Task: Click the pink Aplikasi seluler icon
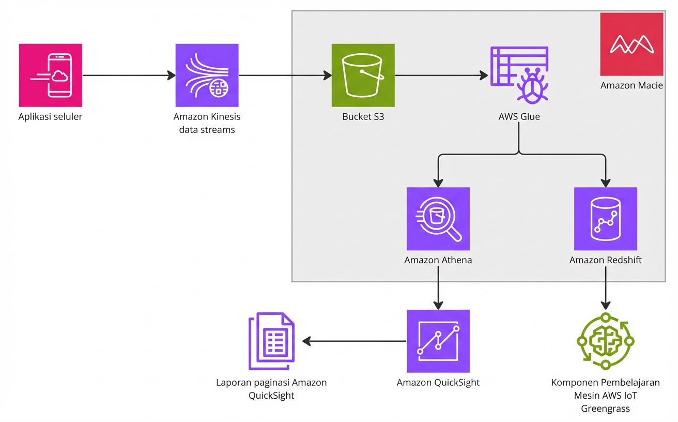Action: tap(51, 76)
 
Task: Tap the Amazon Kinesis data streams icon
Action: tap(207, 76)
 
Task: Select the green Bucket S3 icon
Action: tap(363, 76)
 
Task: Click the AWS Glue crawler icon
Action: tap(519, 76)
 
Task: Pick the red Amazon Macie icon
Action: tap(631, 44)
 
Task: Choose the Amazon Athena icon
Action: tap(438, 219)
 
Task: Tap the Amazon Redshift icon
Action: tap(606, 219)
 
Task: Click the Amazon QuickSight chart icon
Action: tap(438, 341)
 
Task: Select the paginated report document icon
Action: tap(271, 341)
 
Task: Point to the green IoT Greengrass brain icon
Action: tap(606, 341)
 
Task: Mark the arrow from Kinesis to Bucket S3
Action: tap(285, 76)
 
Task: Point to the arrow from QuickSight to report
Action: tap(355, 341)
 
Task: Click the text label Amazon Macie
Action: tap(631, 85)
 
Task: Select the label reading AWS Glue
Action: tap(519, 116)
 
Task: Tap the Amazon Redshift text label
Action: tap(606, 260)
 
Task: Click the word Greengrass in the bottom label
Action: tap(606, 409)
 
